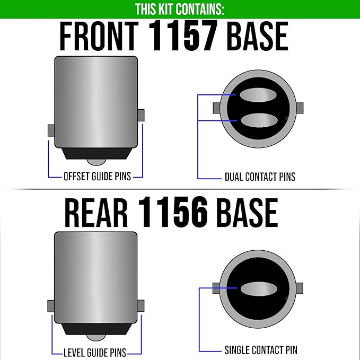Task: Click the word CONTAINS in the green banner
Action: [200, 10]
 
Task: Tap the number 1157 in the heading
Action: [183, 36]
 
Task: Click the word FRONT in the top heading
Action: [99, 36]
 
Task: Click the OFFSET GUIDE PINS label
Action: [97, 177]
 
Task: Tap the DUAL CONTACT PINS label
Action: [260, 177]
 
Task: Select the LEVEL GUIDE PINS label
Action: [95, 353]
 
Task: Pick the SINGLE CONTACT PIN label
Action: [261, 350]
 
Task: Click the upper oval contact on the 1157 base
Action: [258, 95]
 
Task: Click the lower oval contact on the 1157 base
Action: [259, 120]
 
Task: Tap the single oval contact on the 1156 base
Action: [259, 289]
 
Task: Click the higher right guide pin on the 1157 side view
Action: [141, 115]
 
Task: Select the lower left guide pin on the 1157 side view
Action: [51, 130]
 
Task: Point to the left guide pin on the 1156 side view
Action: [51, 306]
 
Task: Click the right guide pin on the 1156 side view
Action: [141, 306]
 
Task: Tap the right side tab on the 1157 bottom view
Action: [300, 108]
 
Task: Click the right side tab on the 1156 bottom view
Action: [300, 288]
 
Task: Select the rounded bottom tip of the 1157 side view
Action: [96, 162]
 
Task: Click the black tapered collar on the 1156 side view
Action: [96, 329]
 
